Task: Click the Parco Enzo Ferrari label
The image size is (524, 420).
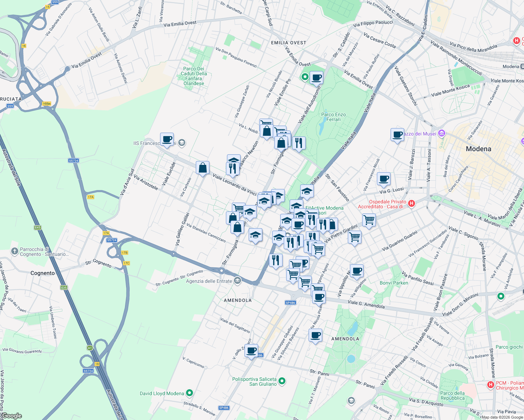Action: pos(333,117)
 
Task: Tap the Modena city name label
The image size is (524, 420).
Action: pos(478,149)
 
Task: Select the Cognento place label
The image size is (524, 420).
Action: pos(42,273)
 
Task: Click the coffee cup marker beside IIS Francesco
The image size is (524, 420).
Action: pos(167,139)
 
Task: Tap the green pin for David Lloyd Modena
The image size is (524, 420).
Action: pos(189,393)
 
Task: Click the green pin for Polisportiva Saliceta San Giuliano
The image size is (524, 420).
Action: pos(282,381)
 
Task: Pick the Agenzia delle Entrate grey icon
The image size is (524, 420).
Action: pos(237,281)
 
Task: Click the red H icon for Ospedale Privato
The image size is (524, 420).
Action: pos(412,203)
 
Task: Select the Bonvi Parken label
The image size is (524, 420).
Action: pos(394,283)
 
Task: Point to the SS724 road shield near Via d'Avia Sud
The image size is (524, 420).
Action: pos(74,161)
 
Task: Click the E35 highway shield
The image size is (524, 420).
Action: pos(64,288)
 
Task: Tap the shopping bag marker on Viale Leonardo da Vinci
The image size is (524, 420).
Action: pos(202,168)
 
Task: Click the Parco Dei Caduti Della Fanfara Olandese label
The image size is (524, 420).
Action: pos(194,76)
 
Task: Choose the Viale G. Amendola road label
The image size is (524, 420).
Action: pos(366,304)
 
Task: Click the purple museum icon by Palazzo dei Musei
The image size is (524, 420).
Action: pos(441,133)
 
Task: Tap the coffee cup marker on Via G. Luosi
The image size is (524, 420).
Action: pos(384,178)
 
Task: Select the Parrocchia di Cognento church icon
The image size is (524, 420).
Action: pos(14,251)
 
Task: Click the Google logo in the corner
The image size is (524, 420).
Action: pos(12,416)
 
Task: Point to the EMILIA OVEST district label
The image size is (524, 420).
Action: pos(289,43)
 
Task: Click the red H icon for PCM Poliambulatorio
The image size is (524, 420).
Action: pos(491,385)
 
